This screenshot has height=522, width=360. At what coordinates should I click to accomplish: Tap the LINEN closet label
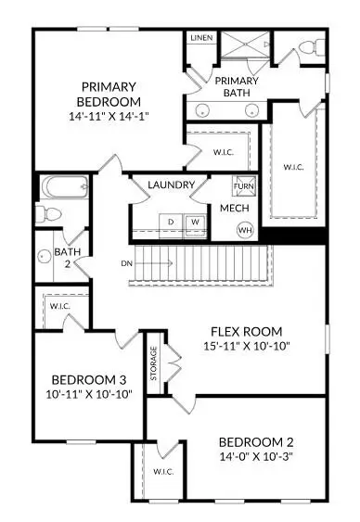pos(200,38)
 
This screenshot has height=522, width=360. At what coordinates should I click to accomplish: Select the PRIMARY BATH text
pos(237,86)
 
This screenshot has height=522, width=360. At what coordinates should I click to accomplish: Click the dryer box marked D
pos(172,222)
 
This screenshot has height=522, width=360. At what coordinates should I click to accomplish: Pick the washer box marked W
pos(196,222)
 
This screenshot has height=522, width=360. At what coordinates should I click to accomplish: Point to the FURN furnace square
pos(243,185)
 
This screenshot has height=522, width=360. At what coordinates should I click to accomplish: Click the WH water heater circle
pos(245,229)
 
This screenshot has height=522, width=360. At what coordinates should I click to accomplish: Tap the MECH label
pos(233,208)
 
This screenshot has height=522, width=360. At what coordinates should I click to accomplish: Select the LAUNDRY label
pos(172,185)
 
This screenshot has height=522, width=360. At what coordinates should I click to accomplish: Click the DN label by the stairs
pos(126,263)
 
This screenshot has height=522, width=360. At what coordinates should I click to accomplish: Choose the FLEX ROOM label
pos(246,332)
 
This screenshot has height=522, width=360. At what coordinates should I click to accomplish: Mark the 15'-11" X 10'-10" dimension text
pos(246,347)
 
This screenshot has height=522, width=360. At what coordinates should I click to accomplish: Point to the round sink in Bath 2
pos(45,256)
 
